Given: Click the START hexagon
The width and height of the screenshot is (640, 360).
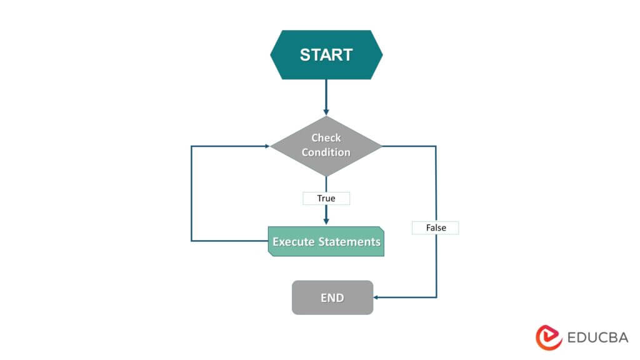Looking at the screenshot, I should click(x=326, y=54).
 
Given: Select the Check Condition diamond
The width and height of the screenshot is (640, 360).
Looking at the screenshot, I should click(x=326, y=146).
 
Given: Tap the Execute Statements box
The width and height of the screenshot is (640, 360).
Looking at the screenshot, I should click(x=326, y=241).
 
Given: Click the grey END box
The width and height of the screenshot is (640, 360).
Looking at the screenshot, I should click(x=332, y=297).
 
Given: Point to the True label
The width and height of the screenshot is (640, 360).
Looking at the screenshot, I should click(x=326, y=198).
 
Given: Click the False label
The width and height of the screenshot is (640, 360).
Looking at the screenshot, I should click(x=436, y=227).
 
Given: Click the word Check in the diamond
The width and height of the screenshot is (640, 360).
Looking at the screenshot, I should click(x=326, y=138).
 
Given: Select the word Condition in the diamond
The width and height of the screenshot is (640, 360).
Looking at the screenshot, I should click(x=326, y=152).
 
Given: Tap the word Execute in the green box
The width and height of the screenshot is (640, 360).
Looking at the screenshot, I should click(x=292, y=242).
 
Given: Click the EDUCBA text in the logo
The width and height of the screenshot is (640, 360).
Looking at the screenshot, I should click(x=597, y=337).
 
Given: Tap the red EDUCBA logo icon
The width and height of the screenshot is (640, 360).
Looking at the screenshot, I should click(x=549, y=337).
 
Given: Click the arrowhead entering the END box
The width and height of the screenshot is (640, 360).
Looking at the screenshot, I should click(x=377, y=297).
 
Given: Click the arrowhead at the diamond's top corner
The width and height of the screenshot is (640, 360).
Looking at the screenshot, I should click(x=326, y=112).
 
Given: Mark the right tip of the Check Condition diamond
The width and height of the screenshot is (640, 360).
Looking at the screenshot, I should click(x=381, y=146).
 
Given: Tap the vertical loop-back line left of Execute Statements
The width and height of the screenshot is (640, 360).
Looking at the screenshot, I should click(x=191, y=194).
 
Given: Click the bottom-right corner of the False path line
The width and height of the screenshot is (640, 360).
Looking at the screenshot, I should click(x=436, y=297).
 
